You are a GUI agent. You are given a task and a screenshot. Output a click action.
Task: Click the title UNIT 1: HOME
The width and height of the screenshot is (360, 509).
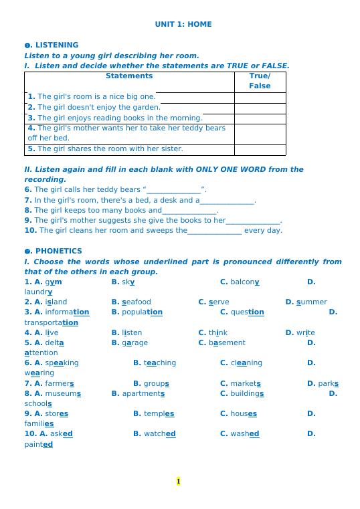[183, 24]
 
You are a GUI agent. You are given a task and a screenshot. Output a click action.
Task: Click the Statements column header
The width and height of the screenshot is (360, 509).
[129, 76]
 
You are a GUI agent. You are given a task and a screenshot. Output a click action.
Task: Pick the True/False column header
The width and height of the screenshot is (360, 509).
[260, 81]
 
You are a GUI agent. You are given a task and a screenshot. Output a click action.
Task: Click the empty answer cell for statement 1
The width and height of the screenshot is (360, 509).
[260, 97]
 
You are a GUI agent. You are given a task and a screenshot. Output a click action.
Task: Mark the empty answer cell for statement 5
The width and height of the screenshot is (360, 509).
[260, 149]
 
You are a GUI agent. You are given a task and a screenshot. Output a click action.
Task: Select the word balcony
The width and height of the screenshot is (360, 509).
[245, 282]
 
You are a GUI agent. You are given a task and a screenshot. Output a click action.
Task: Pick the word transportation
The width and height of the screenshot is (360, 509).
[52, 322]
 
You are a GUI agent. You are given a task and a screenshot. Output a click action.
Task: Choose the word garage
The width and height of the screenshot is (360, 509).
[135, 342]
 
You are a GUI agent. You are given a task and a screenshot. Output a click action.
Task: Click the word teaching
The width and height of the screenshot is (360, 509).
[160, 363]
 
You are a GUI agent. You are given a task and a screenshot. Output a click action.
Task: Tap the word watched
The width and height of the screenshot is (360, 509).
[160, 433]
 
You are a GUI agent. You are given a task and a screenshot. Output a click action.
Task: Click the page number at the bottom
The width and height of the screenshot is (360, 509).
[179, 481]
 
